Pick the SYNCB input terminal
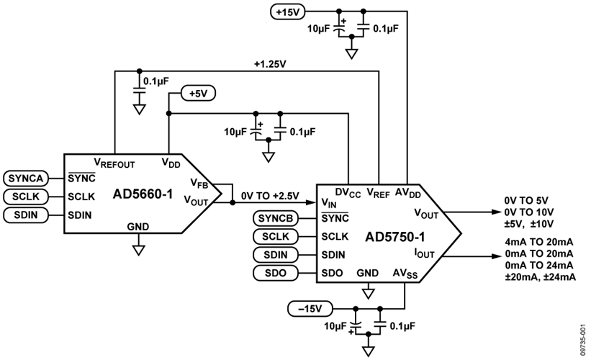276,218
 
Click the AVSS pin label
406,273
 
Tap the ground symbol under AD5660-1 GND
138,251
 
